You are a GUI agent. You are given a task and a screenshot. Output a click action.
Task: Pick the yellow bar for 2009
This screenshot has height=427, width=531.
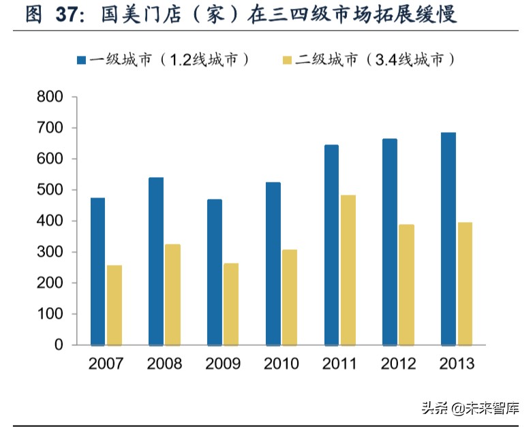231,304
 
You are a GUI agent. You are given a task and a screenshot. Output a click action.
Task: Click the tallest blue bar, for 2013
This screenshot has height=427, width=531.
448,238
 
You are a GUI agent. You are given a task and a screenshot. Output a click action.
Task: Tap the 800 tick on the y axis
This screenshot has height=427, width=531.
50,97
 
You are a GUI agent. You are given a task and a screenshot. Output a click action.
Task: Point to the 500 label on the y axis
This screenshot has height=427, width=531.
50,190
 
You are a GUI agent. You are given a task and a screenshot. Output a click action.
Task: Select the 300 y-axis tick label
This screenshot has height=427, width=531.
50,252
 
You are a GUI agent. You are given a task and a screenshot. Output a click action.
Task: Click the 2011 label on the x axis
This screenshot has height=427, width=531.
339,364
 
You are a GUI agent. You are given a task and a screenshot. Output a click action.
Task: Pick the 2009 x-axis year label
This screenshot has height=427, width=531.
223,364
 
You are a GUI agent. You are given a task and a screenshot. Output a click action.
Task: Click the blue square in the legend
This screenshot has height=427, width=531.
80,61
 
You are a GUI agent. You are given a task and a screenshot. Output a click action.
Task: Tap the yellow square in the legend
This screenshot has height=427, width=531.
287,61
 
